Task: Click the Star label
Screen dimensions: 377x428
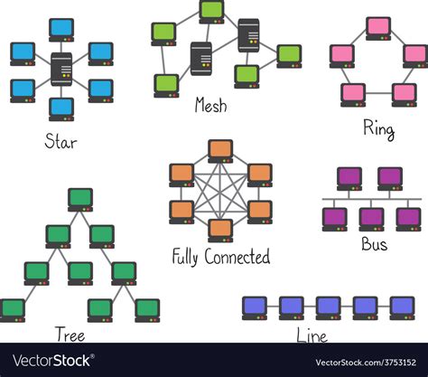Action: point(60,142)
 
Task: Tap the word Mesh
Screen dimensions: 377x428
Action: point(210,106)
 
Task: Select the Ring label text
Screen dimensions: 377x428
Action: point(378,129)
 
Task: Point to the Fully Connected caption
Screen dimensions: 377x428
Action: point(220,258)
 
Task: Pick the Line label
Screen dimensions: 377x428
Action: point(312,336)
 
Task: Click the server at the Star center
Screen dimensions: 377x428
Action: point(61,68)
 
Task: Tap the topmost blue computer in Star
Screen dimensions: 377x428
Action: point(61,29)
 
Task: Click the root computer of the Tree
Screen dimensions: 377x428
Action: point(80,198)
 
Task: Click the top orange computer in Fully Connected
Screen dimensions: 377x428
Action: point(220,151)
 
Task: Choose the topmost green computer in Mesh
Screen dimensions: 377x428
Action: point(211,11)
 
